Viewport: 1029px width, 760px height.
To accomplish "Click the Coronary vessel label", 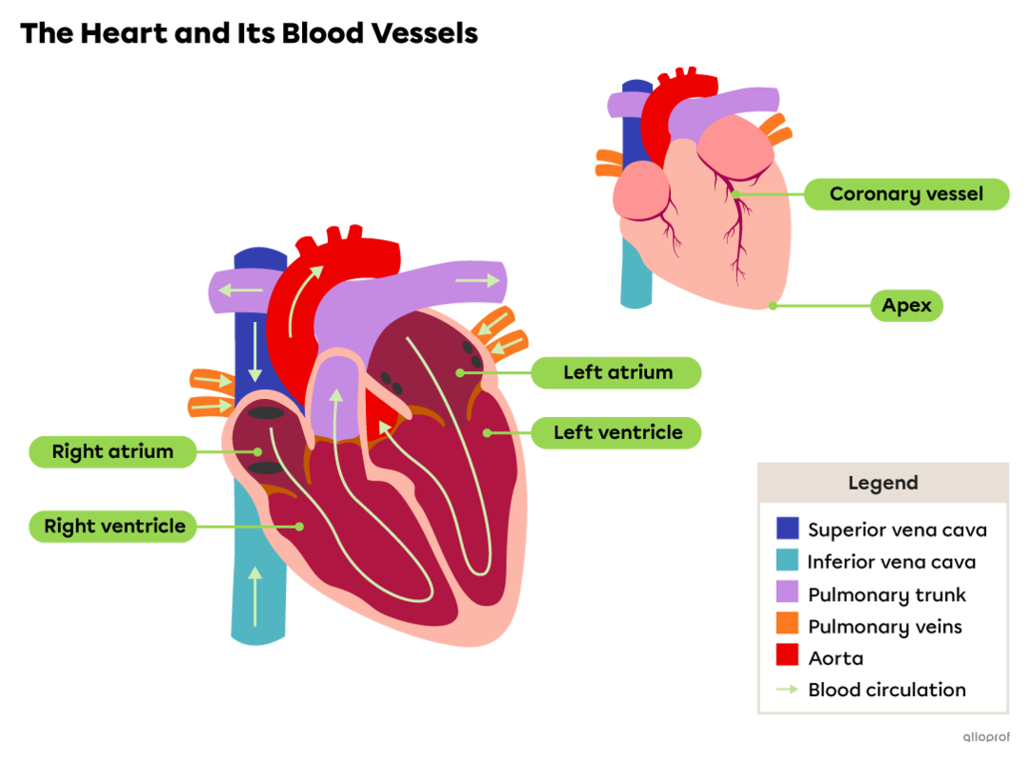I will click(905, 194).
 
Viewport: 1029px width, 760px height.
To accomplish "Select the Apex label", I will click(906, 306).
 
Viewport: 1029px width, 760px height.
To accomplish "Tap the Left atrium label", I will click(616, 372).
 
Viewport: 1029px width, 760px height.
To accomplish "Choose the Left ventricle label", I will click(616, 432).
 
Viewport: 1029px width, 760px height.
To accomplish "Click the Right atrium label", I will click(112, 451).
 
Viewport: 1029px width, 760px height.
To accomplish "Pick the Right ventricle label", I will click(113, 526).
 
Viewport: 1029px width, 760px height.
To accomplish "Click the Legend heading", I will click(882, 483).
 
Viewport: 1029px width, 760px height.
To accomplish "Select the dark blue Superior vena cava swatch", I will click(787, 529).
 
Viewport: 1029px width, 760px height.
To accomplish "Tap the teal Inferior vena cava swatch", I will click(787, 561).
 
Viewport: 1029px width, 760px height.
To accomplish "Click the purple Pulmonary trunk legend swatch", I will click(787, 592).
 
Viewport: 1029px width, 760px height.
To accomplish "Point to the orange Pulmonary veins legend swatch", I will click(787, 624).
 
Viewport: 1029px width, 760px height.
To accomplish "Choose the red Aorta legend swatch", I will click(787, 655).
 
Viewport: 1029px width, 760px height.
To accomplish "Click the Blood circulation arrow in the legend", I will click(787, 689).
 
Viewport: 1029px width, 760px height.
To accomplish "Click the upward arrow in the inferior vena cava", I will click(254, 596).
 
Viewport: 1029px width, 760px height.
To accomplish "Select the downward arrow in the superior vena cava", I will click(254, 352).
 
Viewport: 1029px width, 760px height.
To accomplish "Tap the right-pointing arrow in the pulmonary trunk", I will click(477, 280).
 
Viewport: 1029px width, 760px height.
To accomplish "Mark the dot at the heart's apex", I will click(773, 307).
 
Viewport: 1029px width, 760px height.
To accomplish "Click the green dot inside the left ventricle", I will click(487, 432).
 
